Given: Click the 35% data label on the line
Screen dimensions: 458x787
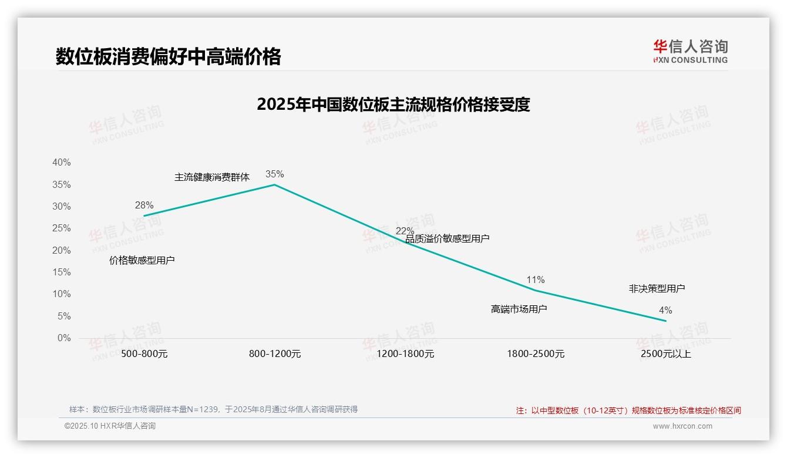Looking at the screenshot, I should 274,174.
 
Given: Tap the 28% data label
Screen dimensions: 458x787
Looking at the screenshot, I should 144,205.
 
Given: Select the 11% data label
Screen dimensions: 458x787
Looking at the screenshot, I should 535,279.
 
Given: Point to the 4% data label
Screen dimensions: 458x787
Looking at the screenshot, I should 665,310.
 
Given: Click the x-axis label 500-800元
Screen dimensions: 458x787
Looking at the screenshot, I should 144,354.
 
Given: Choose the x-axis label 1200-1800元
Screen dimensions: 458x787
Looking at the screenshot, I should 405,354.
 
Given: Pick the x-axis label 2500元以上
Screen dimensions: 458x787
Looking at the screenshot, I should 666,354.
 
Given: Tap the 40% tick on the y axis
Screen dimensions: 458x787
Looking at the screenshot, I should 61,163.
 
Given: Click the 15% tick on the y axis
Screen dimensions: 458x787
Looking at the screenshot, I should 61,272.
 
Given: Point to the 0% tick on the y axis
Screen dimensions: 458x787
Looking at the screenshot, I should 63,338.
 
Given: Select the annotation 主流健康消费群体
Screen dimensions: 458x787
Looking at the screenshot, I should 212,177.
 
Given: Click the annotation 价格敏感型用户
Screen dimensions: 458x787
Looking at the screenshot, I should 142,260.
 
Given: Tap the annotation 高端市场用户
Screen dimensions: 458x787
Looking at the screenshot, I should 519,309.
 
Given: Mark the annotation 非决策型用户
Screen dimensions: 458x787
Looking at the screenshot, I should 657,288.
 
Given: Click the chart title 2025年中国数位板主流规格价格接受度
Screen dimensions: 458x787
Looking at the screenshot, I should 393,105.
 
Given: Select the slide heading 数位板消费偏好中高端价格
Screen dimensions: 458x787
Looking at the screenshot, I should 169,56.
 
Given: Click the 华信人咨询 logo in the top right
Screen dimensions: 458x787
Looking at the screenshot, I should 690,51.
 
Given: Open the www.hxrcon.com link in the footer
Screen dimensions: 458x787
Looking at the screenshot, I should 682,426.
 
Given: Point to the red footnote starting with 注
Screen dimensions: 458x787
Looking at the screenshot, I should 628,410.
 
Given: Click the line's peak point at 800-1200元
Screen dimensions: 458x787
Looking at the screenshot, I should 274,185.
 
